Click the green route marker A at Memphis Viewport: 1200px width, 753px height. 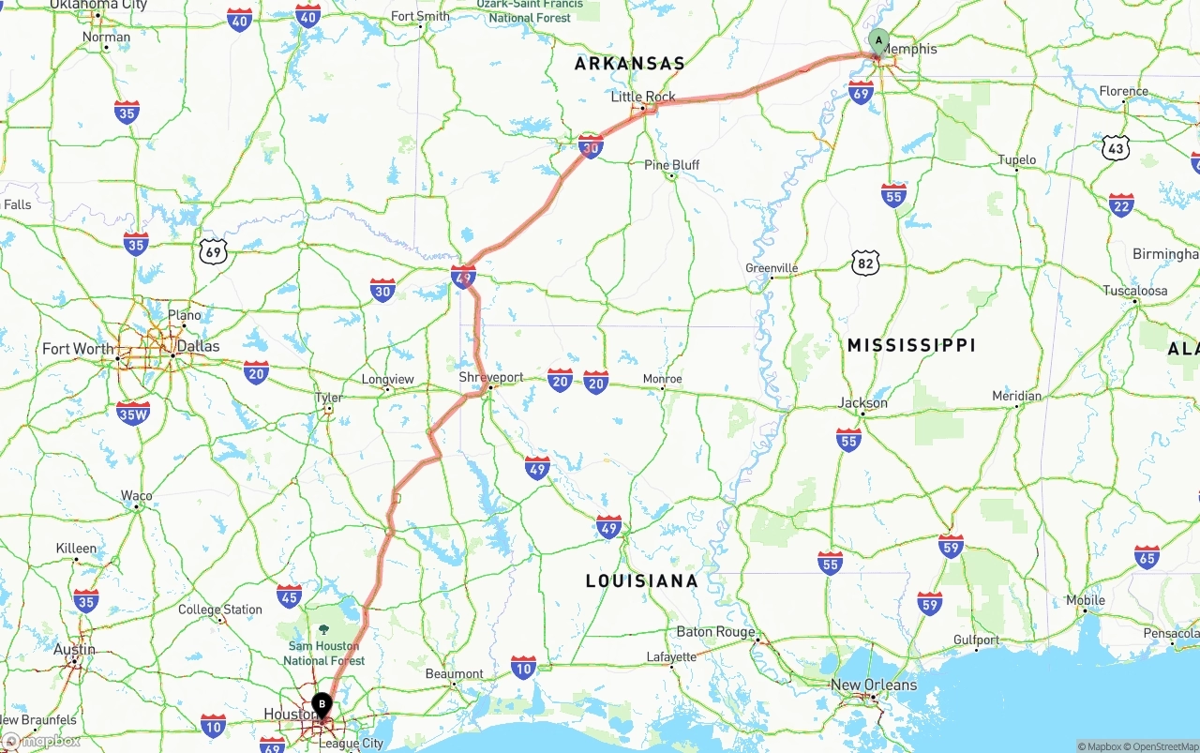(878, 40)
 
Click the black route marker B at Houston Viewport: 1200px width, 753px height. (322, 703)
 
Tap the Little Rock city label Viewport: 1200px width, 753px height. (643, 97)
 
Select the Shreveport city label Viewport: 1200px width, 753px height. (491, 377)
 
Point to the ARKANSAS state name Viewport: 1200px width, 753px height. (630, 64)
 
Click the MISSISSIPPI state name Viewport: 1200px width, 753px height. (911, 345)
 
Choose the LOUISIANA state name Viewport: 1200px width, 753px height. (642, 580)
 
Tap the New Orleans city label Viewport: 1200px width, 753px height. (874, 685)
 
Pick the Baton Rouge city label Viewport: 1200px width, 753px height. (715, 632)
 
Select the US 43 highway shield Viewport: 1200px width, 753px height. (1116, 148)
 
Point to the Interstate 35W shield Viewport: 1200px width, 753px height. (133, 413)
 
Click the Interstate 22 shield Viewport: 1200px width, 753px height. (1121, 205)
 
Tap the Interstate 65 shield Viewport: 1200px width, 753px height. (1146, 557)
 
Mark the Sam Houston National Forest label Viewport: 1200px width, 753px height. (323, 653)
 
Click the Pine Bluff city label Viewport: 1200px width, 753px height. (672, 165)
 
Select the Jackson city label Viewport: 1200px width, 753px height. (863, 403)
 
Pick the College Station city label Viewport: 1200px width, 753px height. (220, 610)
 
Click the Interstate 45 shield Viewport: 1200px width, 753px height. (289, 595)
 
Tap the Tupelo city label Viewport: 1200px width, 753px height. (1017, 160)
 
